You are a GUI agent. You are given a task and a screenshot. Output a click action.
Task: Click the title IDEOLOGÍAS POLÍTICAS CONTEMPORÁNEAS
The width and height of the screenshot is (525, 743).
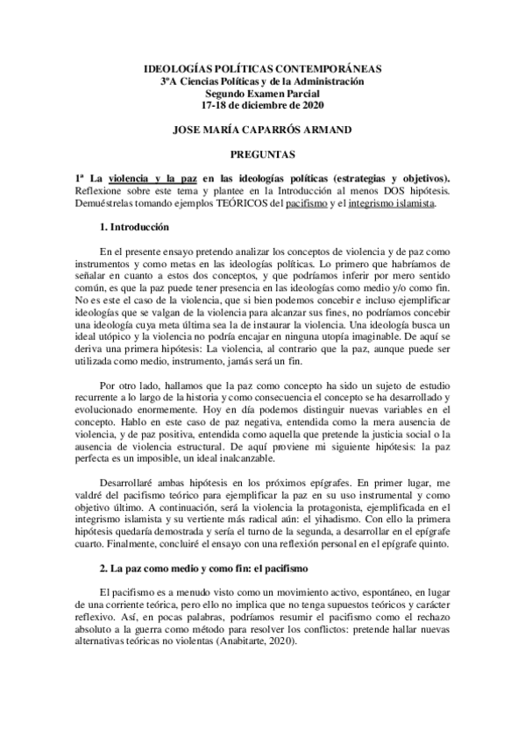point(262,69)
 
